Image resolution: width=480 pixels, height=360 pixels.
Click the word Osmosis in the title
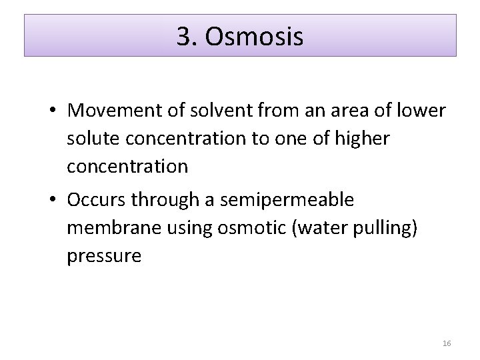pyautogui.click(x=255, y=37)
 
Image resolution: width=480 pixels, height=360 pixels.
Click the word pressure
pyautogui.click(x=103, y=256)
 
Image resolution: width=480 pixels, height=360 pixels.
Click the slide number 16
pyautogui.click(x=447, y=343)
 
